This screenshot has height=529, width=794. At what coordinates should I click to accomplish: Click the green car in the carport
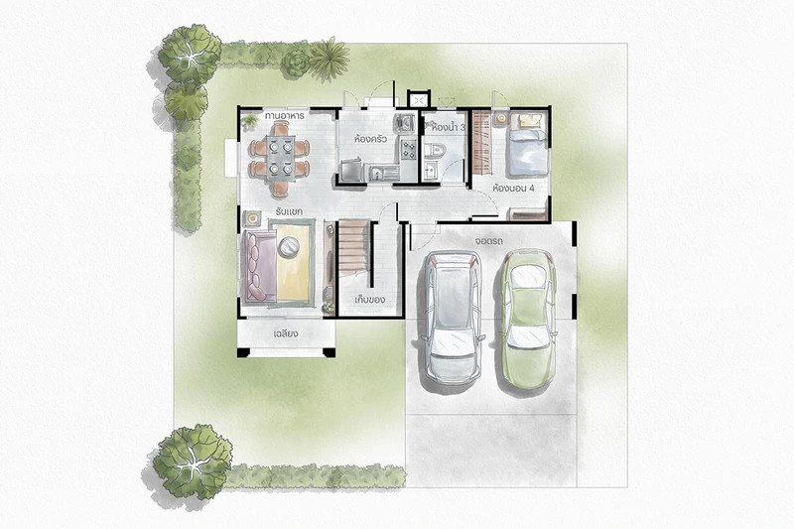[x=528, y=320]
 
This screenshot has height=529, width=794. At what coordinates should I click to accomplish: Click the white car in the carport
[x=453, y=318]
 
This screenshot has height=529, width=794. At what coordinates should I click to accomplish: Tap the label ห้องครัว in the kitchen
[x=371, y=138]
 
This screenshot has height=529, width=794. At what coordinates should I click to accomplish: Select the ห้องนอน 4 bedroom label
[x=513, y=188]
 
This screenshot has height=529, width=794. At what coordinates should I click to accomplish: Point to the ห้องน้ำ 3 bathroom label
[x=449, y=128]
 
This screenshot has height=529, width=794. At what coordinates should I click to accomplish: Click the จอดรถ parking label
[x=489, y=241]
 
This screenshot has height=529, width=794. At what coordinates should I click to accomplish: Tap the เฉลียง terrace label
[x=286, y=333]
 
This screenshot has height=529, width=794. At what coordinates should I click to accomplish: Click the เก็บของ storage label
[x=369, y=299]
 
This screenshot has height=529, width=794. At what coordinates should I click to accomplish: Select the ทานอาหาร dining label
[x=284, y=116]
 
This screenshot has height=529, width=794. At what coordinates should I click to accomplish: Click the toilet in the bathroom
[x=435, y=150]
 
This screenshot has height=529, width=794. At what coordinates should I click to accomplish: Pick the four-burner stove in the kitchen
[x=408, y=148]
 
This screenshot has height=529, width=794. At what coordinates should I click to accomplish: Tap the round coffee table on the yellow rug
[x=289, y=246]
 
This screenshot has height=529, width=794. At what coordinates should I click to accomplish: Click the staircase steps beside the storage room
[x=353, y=246]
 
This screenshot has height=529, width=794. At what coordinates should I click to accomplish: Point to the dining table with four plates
[x=281, y=157]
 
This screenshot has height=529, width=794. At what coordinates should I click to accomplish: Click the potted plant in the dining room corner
[x=250, y=120]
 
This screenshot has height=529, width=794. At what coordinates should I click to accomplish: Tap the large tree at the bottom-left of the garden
[x=193, y=462]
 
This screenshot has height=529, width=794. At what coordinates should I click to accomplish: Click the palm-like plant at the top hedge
[x=330, y=60]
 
